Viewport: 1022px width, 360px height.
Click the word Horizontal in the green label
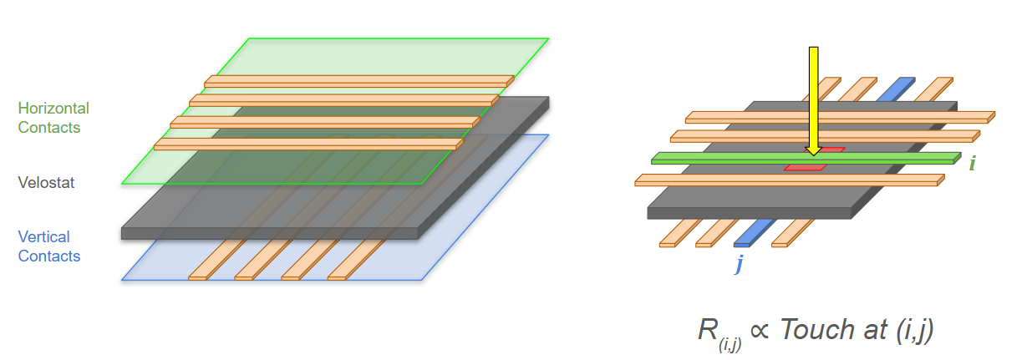(x=53, y=108)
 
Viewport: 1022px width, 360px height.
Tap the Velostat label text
(x=46, y=183)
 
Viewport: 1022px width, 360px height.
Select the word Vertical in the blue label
(x=43, y=237)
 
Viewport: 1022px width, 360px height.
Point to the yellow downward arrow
(x=813, y=101)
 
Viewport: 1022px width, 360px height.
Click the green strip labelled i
(x=806, y=159)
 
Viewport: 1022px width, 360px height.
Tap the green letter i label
(x=972, y=163)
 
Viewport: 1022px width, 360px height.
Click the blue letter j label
(x=739, y=264)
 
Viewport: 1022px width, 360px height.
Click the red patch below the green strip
(x=806, y=167)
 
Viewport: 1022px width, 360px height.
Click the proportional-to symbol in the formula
(x=760, y=330)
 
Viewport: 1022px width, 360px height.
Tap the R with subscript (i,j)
(x=719, y=334)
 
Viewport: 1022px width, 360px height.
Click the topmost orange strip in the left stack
(x=359, y=81)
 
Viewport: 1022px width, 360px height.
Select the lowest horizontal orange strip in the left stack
(x=308, y=145)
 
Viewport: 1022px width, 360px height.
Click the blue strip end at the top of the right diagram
(x=896, y=89)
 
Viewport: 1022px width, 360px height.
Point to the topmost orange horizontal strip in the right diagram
(x=840, y=117)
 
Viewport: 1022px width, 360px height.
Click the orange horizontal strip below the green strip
(x=790, y=180)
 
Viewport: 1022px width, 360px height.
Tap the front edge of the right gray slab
(x=750, y=213)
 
